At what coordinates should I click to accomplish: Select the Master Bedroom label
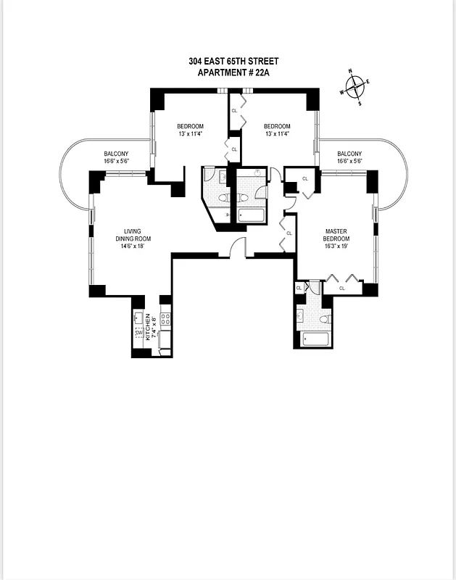[336, 234]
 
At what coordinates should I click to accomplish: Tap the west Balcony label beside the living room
[116, 154]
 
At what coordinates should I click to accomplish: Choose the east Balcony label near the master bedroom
[349, 154]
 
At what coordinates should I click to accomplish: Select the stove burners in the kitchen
[165, 318]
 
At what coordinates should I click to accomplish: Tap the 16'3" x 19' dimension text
[336, 246]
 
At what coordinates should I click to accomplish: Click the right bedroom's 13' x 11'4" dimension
[277, 134]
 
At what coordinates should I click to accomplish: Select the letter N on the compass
[351, 72]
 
